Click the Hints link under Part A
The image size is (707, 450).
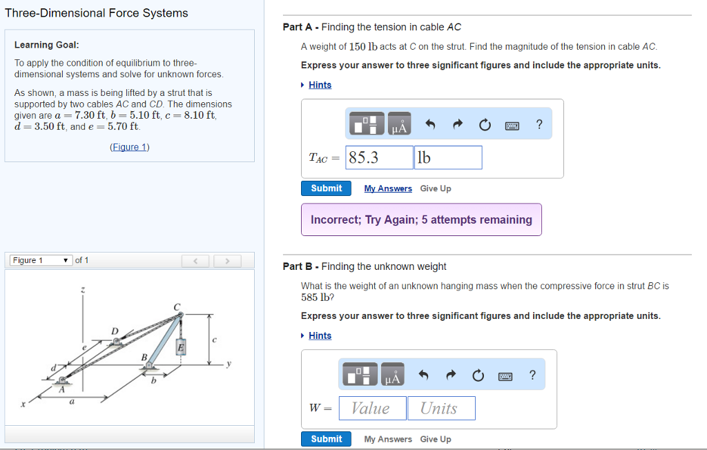(x=320, y=85)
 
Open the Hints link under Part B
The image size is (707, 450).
(x=320, y=335)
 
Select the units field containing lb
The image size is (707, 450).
(x=447, y=157)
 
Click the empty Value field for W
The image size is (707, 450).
(x=371, y=408)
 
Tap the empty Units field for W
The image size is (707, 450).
(x=440, y=408)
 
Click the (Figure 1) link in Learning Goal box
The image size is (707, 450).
(x=130, y=147)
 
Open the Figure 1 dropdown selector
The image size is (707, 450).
(x=40, y=260)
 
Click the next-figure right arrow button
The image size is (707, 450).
(x=226, y=261)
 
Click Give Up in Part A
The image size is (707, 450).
(x=436, y=188)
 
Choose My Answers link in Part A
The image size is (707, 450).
(x=388, y=188)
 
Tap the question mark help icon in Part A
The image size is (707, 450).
(x=539, y=124)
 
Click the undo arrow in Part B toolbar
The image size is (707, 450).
(x=423, y=375)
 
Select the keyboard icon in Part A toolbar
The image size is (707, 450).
(x=512, y=125)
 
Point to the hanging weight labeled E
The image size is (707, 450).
(x=181, y=347)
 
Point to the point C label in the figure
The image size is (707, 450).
(x=176, y=306)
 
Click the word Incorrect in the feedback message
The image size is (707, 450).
(x=334, y=219)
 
